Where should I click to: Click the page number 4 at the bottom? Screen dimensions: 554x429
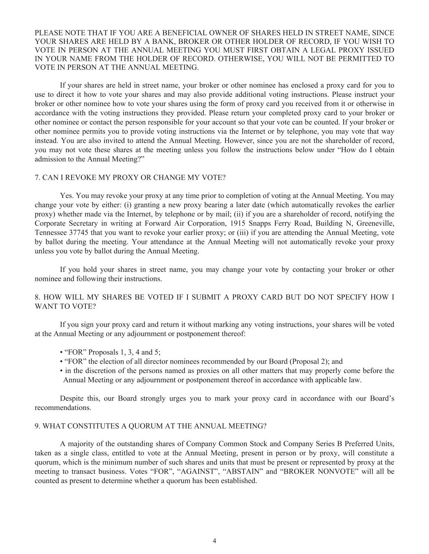tap(214, 541)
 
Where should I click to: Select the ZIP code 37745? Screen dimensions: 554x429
tap(80, 233)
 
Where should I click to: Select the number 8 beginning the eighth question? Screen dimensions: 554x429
tap(37, 297)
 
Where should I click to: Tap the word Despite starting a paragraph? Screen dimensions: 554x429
tap(72, 398)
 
